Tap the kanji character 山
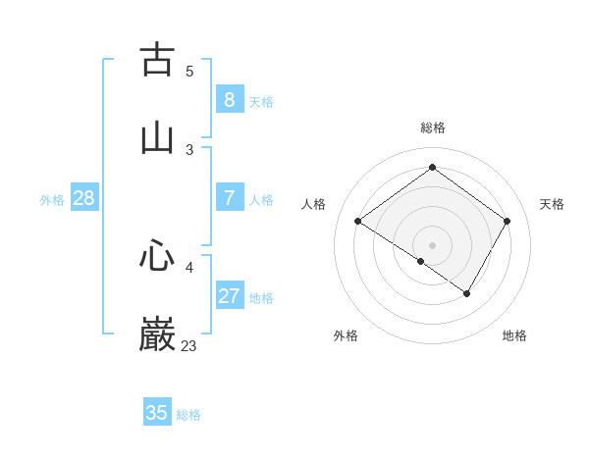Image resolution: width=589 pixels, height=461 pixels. (x=157, y=137)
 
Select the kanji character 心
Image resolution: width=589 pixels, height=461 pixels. (x=157, y=257)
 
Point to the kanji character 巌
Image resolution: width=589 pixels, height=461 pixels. (x=157, y=334)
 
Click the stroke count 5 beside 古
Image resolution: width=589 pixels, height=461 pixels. (x=189, y=71)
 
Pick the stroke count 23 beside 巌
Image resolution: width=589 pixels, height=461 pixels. (x=188, y=345)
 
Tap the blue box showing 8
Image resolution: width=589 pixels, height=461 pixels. (x=230, y=99)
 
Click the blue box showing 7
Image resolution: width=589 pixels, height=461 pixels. (x=230, y=198)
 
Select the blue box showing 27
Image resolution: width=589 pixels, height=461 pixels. (x=230, y=296)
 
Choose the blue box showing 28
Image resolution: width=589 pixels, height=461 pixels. (x=84, y=198)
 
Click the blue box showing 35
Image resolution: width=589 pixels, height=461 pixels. (x=157, y=413)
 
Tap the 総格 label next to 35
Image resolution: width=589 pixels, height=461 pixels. (x=188, y=415)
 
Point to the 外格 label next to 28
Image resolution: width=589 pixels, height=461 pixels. (x=52, y=200)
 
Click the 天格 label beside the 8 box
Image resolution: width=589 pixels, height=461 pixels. (x=261, y=101)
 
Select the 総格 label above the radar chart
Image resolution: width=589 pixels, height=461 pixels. (x=433, y=128)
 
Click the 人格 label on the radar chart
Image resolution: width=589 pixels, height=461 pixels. (x=314, y=204)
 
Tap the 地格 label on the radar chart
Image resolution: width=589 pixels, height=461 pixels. (x=514, y=335)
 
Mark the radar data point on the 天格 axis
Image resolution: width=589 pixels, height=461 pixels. (x=508, y=222)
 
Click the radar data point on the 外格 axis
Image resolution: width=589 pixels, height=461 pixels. (x=421, y=262)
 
